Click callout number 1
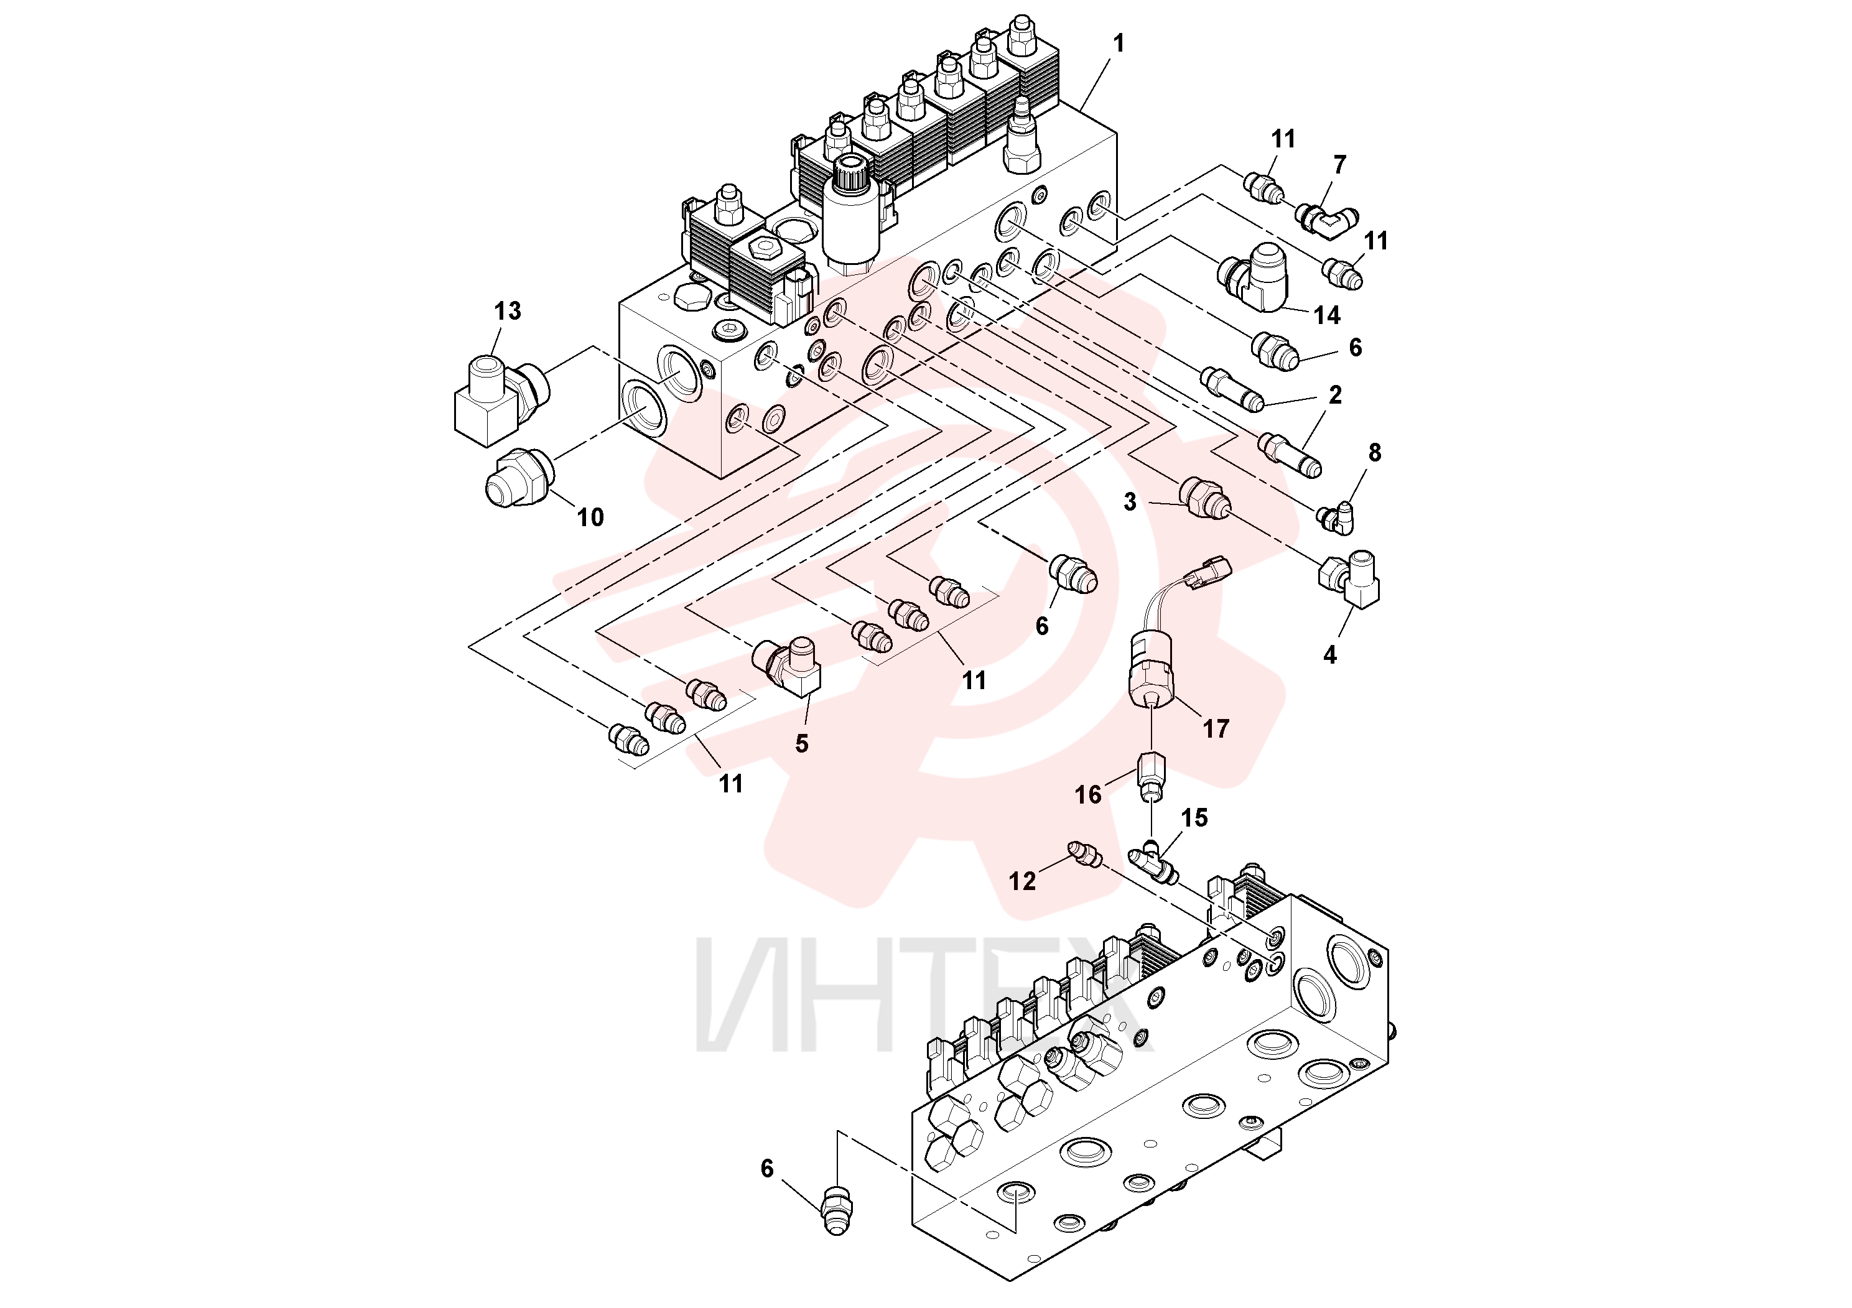click(1118, 44)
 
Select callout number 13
click(508, 310)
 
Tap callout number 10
click(590, 517)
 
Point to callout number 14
click(1327, 315)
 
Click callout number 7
click(1340, 164)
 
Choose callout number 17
click(1216, 729)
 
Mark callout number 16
click(1087, 795)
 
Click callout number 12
click(1022, 881)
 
